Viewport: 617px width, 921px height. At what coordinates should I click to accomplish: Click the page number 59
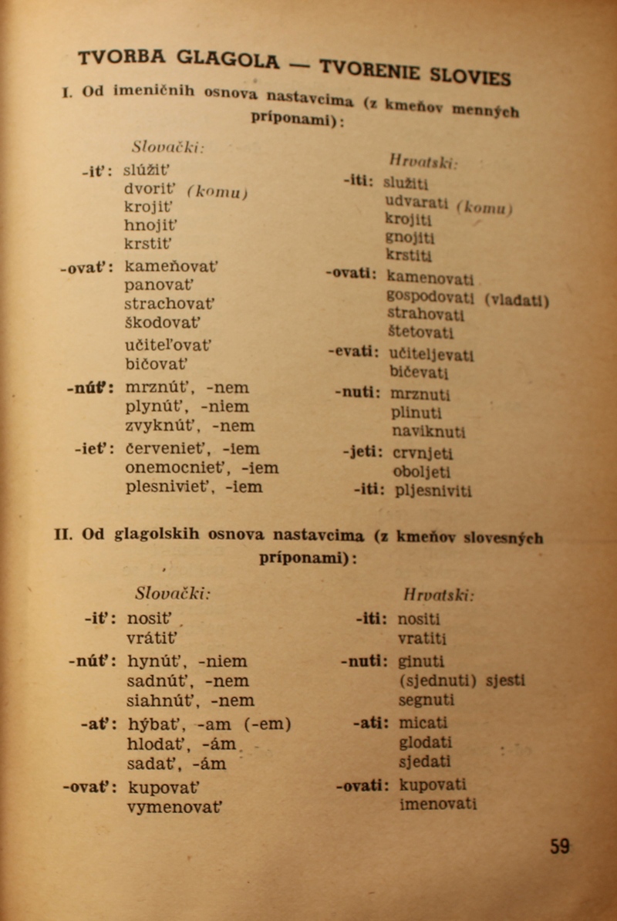pyautogui.click(x=560, y=846)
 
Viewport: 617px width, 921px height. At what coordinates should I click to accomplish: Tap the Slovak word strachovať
pyautogui.click(x=170, y=304)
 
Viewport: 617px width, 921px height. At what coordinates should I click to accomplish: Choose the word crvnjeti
pyautogui.click(x=423, y=454)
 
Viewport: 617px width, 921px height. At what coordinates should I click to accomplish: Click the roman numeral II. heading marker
pyautogui.click(x=64, y=533)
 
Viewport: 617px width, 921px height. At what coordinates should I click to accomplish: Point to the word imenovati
pyautogui.click(x=437, y=804)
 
